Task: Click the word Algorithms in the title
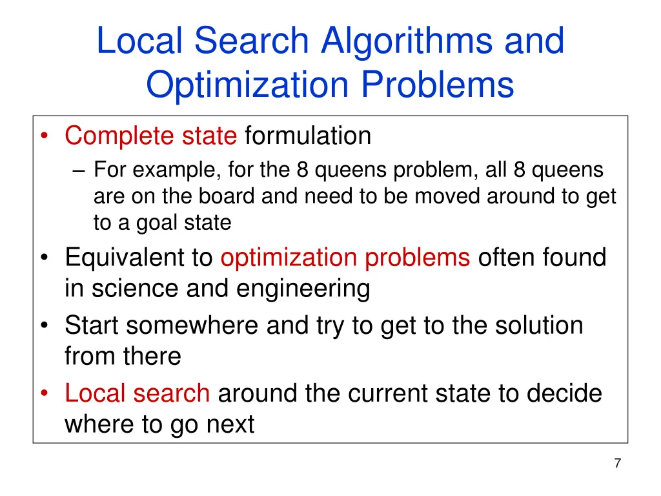(408, 42)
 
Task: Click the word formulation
(308, 136)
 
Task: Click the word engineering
(303, 289)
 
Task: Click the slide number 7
(618, 463)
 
